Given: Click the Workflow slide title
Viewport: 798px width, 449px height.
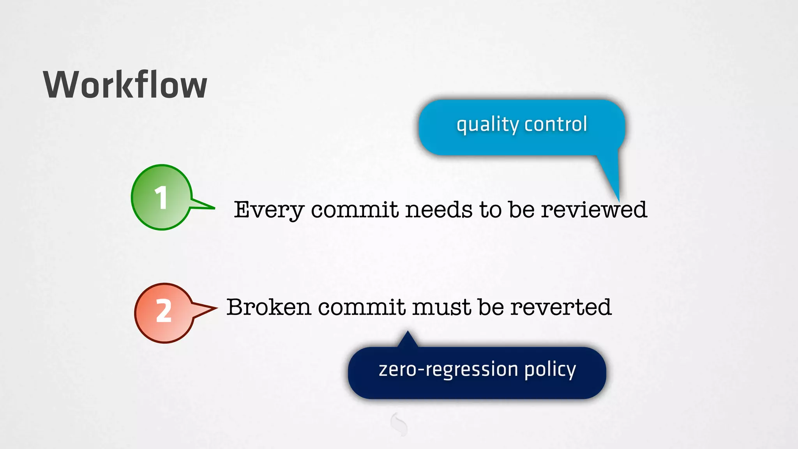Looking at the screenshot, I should [x=125, y=85].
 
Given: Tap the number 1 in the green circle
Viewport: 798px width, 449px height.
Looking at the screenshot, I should [x=161, y=198].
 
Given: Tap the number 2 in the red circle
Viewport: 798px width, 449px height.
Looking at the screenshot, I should [x=164, y=311].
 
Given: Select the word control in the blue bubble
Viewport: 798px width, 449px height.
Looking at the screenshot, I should [x=556, y=124].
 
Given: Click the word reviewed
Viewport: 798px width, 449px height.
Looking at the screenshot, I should [x=594, y=210].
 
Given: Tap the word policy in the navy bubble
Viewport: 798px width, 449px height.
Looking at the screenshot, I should [x=550, y=370].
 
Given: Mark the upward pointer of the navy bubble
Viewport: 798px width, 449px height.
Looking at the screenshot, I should [x=408, y=338].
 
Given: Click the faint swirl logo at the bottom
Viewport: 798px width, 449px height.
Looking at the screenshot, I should [x=399, y=424].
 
